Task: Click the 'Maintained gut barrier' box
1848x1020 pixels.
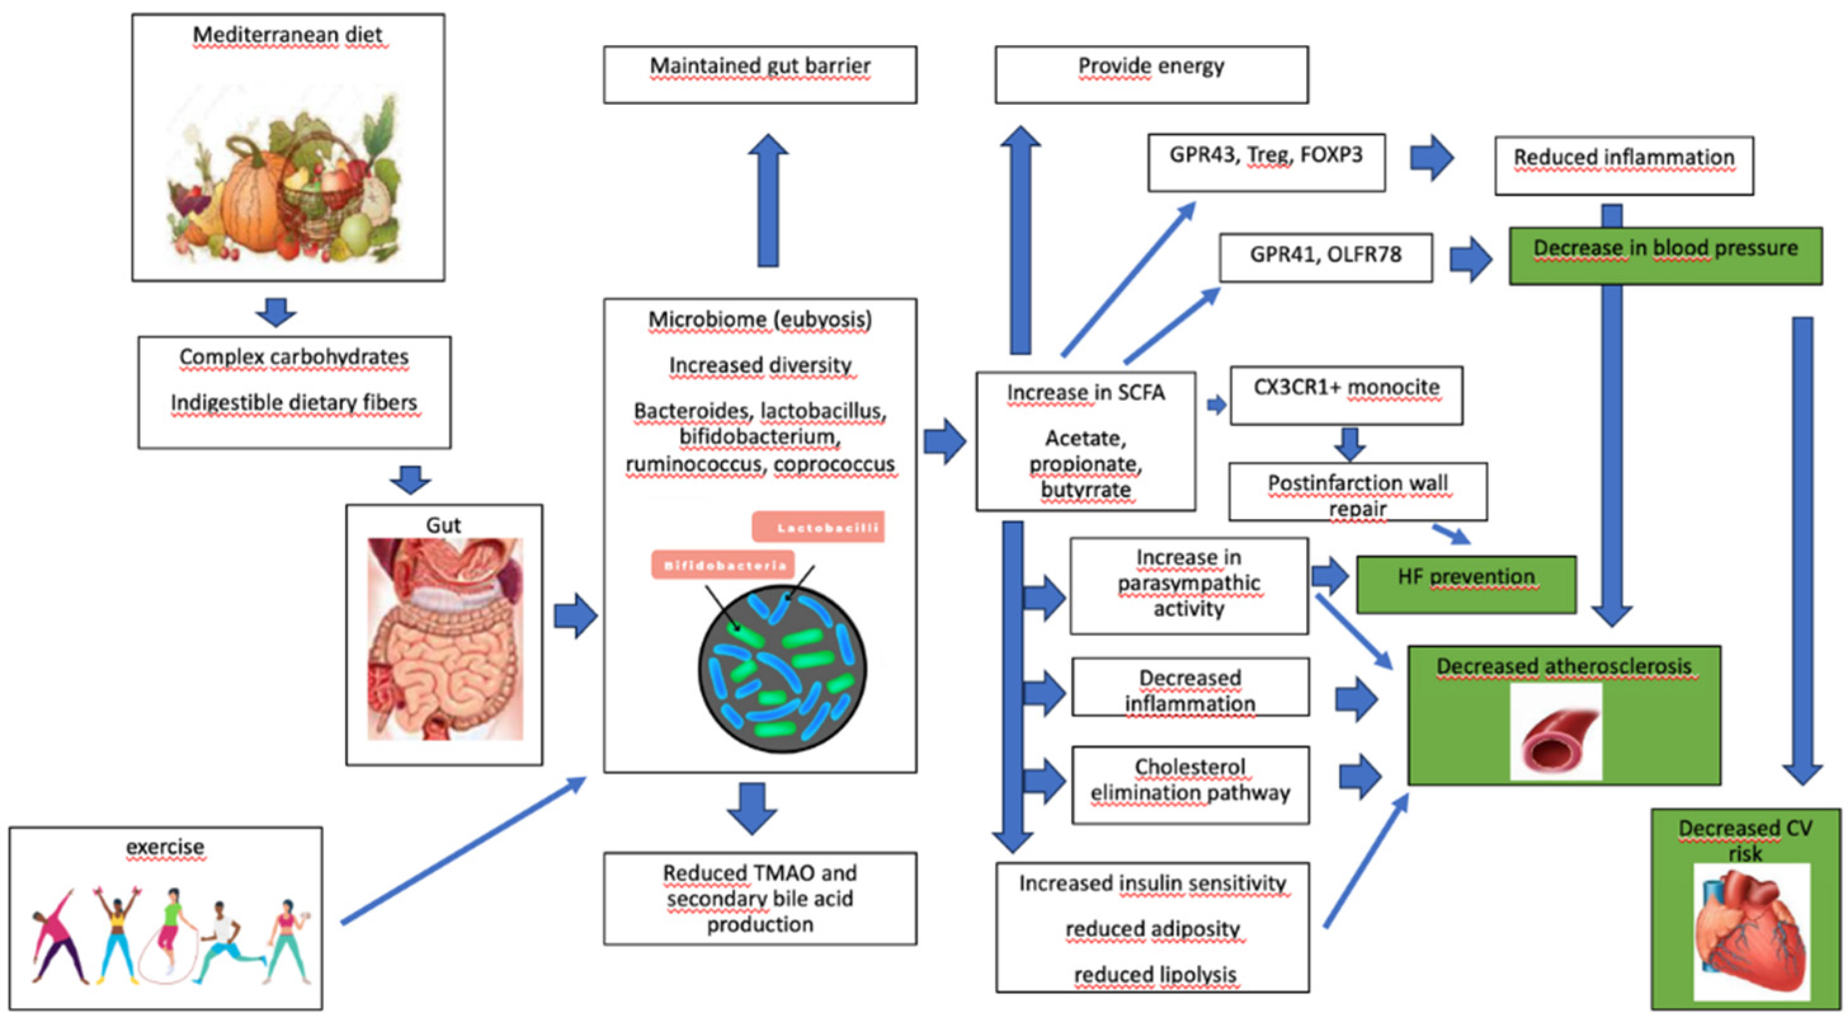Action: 760,75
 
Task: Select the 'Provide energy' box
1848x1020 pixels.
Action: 1151,75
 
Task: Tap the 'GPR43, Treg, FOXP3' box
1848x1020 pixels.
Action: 1265,162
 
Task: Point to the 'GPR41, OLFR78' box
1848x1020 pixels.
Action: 1325,257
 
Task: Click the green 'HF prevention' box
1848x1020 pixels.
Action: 1465,584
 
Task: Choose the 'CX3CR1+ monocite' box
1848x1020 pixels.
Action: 1346,395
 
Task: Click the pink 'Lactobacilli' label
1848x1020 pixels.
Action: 818,527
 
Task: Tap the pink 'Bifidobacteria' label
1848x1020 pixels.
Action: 722,565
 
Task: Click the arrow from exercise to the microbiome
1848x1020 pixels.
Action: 463,850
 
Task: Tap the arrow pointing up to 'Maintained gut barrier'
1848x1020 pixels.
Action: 768,201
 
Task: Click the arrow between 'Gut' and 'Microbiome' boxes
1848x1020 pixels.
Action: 576,615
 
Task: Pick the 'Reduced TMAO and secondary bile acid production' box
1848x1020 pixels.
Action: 760,898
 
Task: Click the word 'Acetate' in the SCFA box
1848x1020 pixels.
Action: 1085,438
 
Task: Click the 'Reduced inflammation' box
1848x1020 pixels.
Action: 1623,166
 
